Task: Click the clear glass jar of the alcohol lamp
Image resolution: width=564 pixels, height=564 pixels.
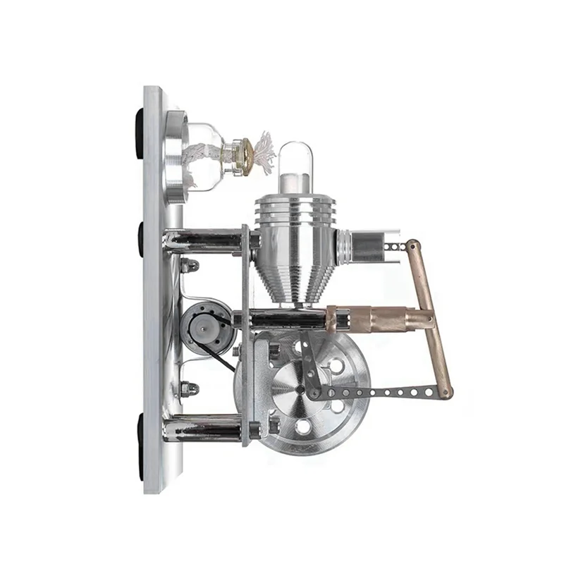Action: click(208, 155)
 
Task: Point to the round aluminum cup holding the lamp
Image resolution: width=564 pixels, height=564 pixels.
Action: click(176, 149)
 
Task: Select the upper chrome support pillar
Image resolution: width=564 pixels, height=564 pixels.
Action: click(204, 240)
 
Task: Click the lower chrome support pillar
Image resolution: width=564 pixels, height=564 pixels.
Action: click(204, 427)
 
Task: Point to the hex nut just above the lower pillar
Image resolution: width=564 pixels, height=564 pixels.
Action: click(190, 388)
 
